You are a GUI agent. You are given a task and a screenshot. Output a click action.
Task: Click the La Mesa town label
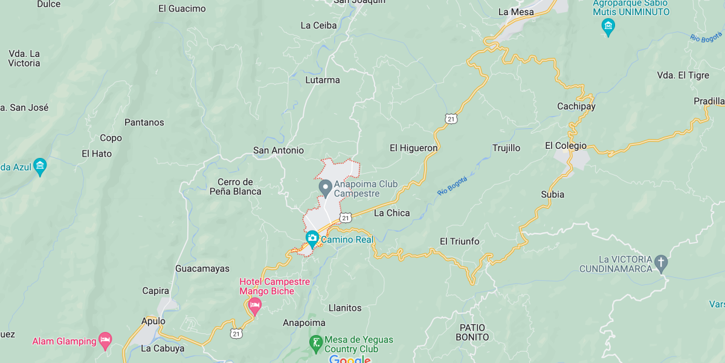point(516,11)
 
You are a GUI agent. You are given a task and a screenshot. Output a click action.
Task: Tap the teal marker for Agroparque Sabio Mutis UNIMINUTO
point(608,26)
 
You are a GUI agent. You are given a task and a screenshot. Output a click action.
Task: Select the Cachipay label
point(576,106)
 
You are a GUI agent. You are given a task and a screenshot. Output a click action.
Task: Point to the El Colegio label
point(565,145)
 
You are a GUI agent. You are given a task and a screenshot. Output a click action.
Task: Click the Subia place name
point(552,194)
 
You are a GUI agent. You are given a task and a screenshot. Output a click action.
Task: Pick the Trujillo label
point(506,148)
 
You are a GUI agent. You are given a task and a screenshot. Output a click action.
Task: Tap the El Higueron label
point(413,148)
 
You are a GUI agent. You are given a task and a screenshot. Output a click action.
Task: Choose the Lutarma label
point(323,80)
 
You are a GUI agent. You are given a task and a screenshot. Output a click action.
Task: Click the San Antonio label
point(279,150)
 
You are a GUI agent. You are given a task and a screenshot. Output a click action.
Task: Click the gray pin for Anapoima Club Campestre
point(325,188)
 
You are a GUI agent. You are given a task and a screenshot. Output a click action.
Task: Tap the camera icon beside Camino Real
point(312,238)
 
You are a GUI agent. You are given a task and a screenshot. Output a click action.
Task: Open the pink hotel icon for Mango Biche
point(254,306)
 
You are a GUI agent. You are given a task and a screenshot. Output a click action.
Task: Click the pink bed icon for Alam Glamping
point(105,340)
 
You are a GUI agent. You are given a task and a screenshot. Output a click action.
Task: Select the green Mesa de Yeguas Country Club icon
point(315,344)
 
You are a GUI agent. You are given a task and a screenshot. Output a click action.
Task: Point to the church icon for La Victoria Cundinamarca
point(662,262)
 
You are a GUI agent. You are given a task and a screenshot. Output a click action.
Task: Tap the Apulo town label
point(153,321)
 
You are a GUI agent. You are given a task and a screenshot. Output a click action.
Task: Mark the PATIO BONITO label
point(472,332)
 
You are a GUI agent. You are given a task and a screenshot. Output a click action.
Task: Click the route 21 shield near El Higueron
point(451,119)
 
